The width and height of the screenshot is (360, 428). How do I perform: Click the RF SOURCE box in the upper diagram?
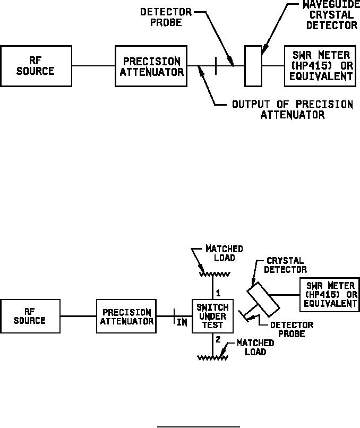(x=36, y=66)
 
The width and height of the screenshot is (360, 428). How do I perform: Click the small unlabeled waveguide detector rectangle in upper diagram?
(x=253, y=66)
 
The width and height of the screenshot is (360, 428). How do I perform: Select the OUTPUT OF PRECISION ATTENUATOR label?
(x=292, y=109)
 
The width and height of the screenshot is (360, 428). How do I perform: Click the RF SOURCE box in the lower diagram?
(x=31, y=316)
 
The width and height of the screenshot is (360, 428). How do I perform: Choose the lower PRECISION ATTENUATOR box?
(x=126, y=316)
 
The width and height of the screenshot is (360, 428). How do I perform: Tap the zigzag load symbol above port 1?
(x=212, y=275)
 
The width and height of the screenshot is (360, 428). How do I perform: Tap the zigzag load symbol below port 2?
(x=212, y=358)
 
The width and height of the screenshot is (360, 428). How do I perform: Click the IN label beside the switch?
(x=182, y=322)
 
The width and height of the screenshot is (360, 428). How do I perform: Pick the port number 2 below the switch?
(x=218, y=340)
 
